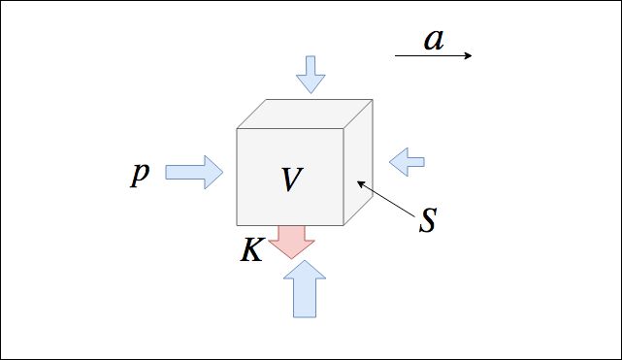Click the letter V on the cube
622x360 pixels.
click(292, 180)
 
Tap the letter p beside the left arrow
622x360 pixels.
click(140, 174)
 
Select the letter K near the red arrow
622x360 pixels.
click(251, 250)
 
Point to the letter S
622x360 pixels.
click(428, 219)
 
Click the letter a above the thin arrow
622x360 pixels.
click(434, 40)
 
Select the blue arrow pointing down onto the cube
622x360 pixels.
click(311, 75)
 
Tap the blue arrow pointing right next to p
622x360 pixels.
click(194, 172)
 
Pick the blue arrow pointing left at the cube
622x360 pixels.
click(407, 162)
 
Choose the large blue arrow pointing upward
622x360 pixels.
click(305, 289)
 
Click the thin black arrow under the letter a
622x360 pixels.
click(433, 55)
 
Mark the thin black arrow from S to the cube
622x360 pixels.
click(386, 200)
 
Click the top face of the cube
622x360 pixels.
click(305, 114)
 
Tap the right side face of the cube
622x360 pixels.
click(358, 162)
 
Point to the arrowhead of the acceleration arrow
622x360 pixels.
click(469, 55)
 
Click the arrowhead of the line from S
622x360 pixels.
click(360, 183)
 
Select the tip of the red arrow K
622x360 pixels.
click(291, 259)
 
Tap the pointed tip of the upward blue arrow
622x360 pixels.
click(305, 260)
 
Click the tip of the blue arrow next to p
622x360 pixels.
click(223, 172)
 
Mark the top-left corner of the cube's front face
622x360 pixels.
click(237, 128)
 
